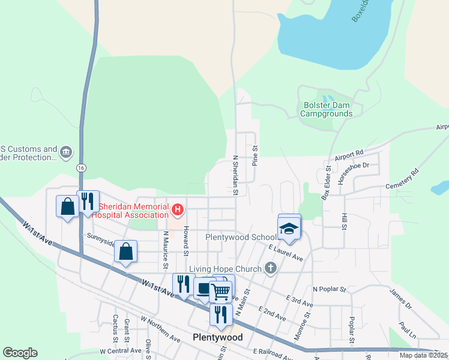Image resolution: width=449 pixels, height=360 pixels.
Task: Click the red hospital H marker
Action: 177,210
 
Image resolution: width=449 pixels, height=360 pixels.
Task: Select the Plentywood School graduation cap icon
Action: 289,229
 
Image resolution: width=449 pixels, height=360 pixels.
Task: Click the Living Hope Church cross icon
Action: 271,268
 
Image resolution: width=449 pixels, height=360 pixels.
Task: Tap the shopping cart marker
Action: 221,292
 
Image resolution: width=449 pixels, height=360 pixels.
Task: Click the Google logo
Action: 20,353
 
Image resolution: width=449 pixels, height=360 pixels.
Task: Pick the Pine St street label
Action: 255,157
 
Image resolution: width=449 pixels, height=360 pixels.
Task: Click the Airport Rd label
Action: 350,155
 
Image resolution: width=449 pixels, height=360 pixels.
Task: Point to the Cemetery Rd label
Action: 402,179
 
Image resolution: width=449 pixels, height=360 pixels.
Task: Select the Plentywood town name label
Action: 218,337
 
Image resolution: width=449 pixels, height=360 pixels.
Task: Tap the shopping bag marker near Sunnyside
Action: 125,252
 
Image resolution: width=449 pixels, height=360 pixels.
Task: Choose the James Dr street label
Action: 400,299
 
